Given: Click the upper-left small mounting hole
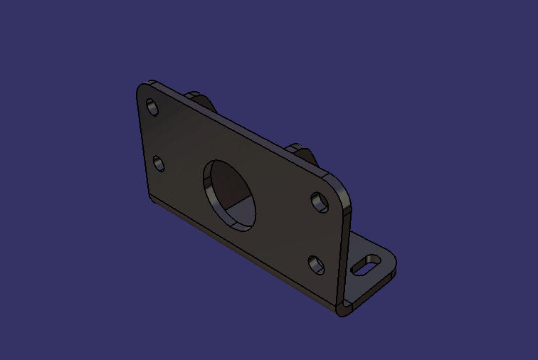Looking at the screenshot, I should point(152,107).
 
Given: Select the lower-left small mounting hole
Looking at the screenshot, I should point(159,164).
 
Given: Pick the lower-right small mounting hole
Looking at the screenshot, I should point(316,265).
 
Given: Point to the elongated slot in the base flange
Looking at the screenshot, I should point(366,263).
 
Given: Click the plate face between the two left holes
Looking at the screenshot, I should point(156,135).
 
